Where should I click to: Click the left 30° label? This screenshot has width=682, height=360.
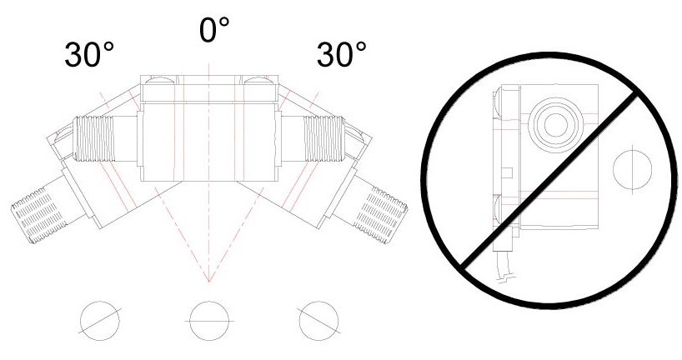pos(89,54)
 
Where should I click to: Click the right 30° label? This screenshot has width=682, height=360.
pos(342,54)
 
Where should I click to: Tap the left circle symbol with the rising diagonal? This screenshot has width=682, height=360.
pos(100,321)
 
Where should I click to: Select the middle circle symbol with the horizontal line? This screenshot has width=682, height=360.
pos(209,321)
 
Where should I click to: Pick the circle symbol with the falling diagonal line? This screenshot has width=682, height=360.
pos(318,321)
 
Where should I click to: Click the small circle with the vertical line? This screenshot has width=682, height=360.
pos(632,169)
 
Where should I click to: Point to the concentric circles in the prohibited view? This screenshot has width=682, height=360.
pos(556,124)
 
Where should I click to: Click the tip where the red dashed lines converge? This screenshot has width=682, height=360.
pos(209,282)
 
